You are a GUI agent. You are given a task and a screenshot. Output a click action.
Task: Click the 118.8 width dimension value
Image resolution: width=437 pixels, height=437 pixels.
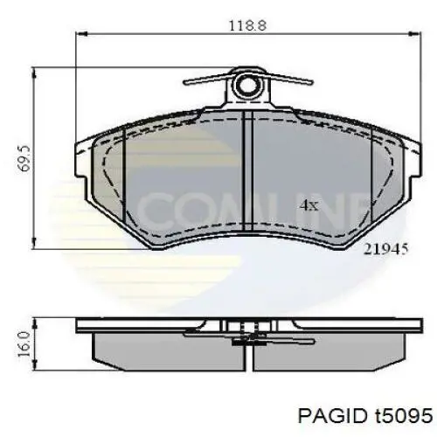pyautogui.click(x=247, y=25)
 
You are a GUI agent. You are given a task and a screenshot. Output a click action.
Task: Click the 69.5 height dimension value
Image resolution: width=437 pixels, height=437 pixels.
pyautogui.click(x=24, y=158)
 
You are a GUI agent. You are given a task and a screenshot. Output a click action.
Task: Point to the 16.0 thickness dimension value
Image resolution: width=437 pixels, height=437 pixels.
pyautogui.click(x=24, y=344)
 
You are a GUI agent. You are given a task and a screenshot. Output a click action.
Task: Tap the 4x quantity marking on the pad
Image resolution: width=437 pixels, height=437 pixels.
pyautogui.click(x=309, y=205)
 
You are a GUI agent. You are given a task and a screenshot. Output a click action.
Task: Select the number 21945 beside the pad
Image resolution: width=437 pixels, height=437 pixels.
pyautogui.click(x=385, y=249)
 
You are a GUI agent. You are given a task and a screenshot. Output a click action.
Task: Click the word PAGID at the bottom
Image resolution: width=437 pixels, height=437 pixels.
pyautogui.click(x=332, y=416)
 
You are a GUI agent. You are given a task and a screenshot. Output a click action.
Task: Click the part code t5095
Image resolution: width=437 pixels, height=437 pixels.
pyautogui.click(x=403, y=416)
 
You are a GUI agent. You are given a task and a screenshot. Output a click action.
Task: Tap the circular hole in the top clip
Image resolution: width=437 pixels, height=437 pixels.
pyautogui.click(x=247, y=85)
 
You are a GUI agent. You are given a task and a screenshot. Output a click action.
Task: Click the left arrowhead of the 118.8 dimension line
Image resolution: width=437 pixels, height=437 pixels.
pyautogui.click(x=81, y=34)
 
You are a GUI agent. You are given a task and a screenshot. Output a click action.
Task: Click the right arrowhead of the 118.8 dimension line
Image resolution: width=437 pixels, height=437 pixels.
pyautogui.click(x=415, y=34)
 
